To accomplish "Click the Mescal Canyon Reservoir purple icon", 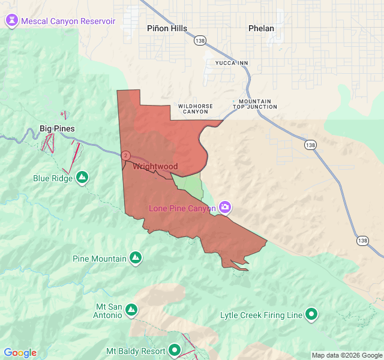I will pos(11,21).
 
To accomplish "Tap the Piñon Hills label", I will pos(167,28).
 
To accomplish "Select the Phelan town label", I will pos(261,28).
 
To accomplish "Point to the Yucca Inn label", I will pos(232,62).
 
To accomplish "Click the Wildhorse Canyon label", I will pos(196,109).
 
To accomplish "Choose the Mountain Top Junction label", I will pos(255,104).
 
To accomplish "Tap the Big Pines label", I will pos(57,128).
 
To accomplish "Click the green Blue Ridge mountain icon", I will pos(83,178).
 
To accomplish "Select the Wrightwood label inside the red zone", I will pos(155,166).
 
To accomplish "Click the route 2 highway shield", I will pos(125,155).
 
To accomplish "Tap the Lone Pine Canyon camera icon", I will pos(225,208).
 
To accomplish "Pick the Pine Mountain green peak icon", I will pos(136,259).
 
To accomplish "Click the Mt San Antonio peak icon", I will pos(131,310).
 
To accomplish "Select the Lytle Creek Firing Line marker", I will pos(311,314).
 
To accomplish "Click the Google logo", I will pos(20,353).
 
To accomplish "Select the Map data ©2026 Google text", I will pos(347,355).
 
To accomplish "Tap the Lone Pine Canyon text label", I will pos(182,208).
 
